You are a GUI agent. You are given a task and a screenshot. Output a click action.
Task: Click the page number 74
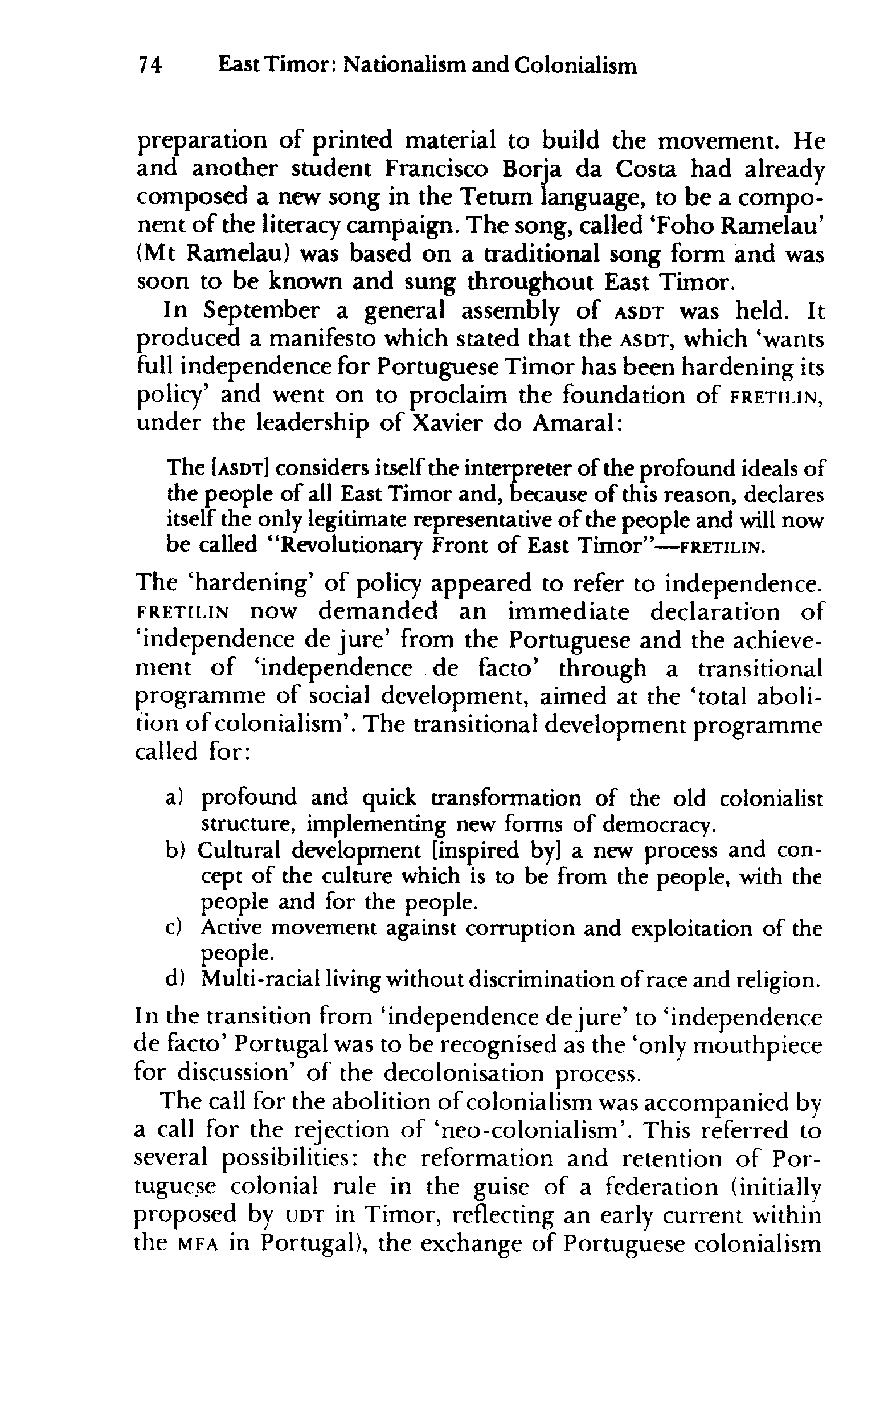(149, 67)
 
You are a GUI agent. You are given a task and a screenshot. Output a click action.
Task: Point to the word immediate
(570, 612)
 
